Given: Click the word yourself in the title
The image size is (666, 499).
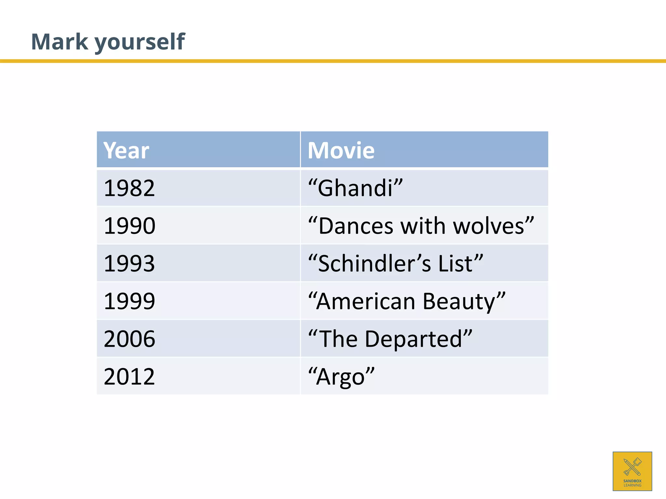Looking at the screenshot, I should [140, 42].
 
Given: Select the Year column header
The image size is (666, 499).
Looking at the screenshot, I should [126, 150].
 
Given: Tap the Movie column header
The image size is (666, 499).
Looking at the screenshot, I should [341, 150].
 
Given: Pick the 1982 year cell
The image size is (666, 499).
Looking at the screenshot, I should [129, 188].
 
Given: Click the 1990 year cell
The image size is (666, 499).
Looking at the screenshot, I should [129, 226].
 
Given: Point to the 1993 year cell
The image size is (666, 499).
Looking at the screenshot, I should [129, 263].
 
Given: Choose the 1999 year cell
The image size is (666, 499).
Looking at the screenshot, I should [129, 301].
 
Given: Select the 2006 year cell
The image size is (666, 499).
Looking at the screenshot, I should [129, 339].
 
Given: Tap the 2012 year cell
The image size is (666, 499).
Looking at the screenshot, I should [129, 376].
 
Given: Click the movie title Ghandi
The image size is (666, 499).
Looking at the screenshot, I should [355, 188].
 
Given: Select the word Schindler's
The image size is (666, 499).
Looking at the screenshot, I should [374, 263].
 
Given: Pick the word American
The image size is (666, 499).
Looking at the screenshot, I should [366, 301].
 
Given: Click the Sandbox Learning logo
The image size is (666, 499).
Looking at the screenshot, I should [632, 471].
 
